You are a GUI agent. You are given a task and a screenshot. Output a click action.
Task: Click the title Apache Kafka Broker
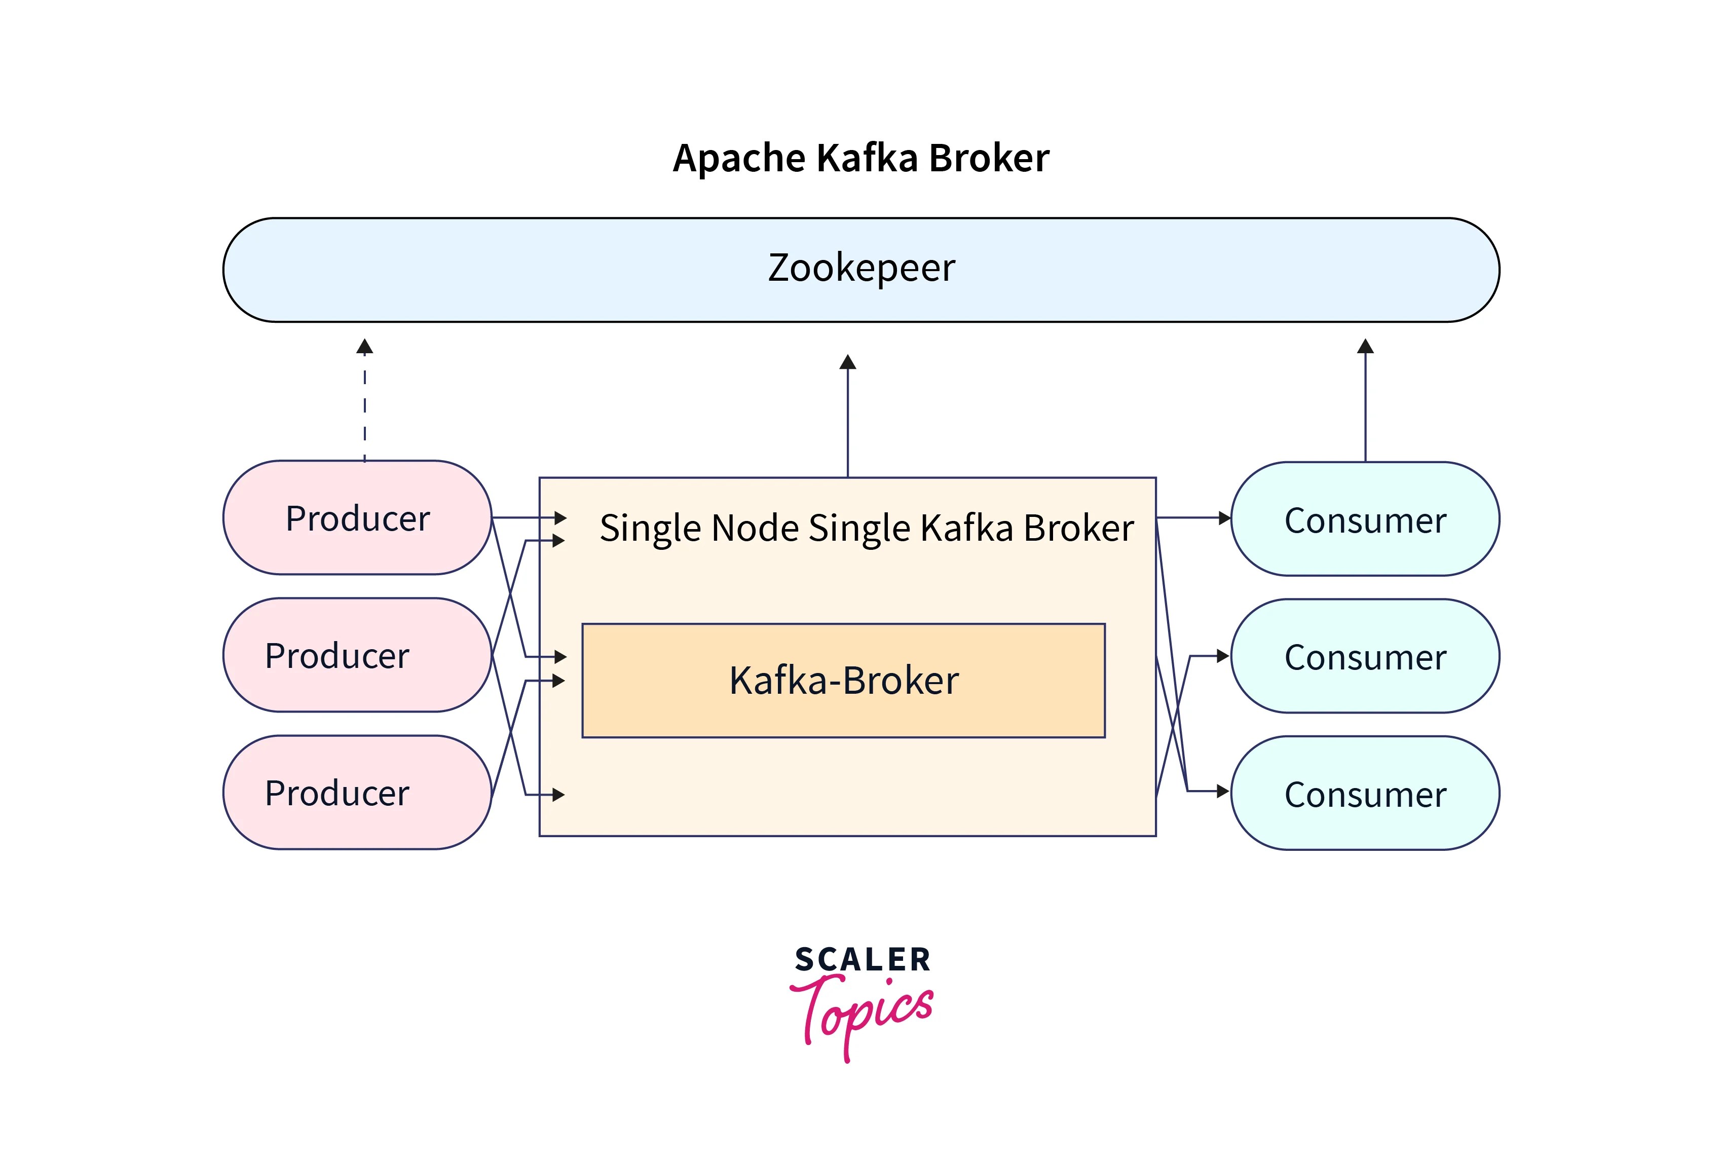click(860, 159)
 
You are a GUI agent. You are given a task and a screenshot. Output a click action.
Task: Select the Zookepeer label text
click(860, 268)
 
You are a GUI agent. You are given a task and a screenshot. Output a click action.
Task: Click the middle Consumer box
click(1365, 656)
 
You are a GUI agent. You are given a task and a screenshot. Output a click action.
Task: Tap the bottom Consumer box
click(1365, 793)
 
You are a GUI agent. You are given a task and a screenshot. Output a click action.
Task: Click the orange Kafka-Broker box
click(843, 681)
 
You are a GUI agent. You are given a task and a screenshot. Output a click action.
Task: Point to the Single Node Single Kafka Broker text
click(866, 528)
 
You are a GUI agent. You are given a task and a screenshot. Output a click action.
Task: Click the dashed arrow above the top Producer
click(364, 403)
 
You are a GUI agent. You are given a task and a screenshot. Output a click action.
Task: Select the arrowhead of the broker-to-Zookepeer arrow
click(848, 362)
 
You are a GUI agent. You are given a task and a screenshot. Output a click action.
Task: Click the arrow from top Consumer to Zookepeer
click(1365, 403)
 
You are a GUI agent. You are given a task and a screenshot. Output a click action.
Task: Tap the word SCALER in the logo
click(862, 960)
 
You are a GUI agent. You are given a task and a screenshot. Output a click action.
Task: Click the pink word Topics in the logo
click(862, 1010)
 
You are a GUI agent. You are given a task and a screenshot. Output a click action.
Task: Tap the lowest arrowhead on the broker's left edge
click(558, 795)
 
